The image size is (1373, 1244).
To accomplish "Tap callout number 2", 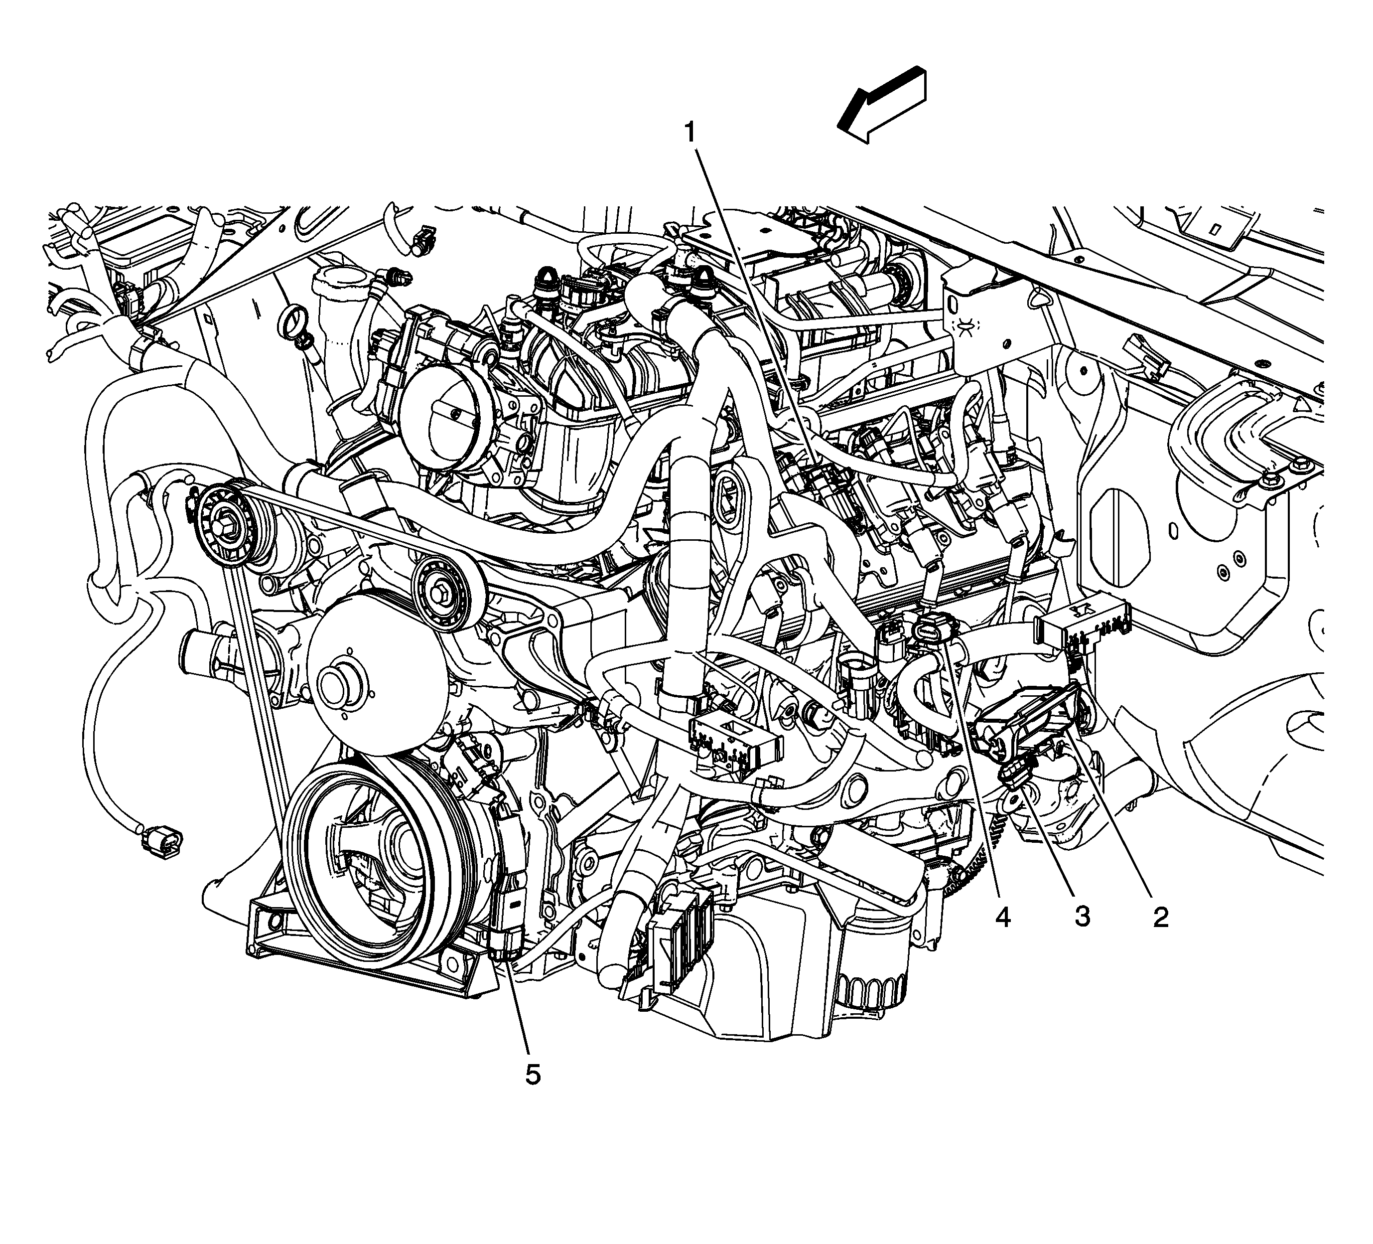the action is (1160, 918).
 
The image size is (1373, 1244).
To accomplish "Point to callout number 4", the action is (1002, 918).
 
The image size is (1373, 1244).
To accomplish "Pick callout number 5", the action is (533, 1075).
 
